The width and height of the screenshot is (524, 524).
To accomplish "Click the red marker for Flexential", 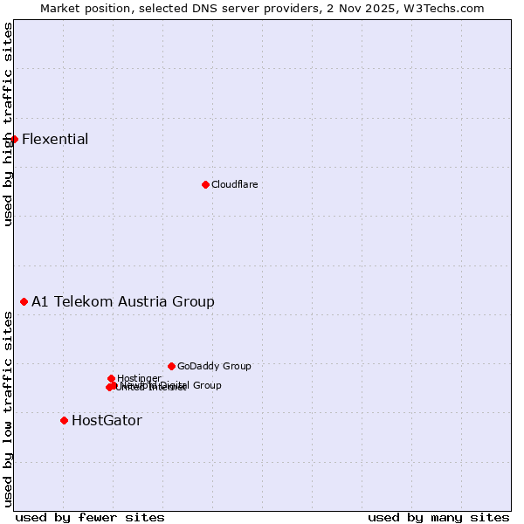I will click(14, 139).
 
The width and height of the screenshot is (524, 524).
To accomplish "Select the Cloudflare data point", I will click(205, 184).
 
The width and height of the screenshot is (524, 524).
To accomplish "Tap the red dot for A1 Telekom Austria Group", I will click(24, 301).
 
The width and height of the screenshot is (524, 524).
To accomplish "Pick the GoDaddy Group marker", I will click(171, 366).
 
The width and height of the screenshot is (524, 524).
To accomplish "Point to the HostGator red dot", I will click(64, 420).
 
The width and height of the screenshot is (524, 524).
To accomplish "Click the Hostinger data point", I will click(111, 378).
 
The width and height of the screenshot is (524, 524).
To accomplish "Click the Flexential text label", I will click(55, 139).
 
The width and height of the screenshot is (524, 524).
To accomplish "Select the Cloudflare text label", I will click(234, 184).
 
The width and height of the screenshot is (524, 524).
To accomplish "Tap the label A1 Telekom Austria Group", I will click(122, 301).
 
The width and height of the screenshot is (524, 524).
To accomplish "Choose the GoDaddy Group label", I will click(214, 366).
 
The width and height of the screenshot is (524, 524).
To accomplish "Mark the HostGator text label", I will click(107, 420).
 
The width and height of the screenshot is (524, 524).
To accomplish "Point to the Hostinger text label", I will click(139, 378).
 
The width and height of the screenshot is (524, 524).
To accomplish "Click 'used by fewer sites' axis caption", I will click(90, 517).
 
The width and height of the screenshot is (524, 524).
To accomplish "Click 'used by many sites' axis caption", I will click(438, 517).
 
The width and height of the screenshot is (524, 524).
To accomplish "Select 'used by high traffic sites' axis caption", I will click(8, 124).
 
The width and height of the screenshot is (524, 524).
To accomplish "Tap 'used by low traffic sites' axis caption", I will click(8, 409).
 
